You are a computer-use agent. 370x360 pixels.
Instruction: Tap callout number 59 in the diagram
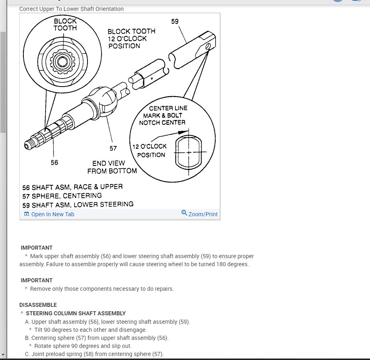point(175,21)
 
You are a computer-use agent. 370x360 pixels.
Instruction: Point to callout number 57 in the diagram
point(113,148)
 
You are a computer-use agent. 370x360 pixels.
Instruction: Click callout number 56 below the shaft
point(54,162)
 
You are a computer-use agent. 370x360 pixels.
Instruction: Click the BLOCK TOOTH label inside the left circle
point(65,24)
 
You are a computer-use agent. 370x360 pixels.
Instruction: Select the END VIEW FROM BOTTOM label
point(112,167)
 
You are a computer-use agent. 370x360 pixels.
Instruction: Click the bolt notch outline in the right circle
point(188,152)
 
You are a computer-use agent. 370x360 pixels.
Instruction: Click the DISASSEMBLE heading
point(38,305)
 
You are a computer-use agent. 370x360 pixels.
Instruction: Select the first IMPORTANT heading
point(37,248)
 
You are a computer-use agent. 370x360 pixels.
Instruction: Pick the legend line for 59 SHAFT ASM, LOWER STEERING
point(78,205)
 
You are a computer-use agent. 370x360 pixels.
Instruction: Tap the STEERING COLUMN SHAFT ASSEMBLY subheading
point(76,313)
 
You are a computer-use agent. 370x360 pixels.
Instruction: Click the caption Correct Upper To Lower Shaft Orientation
point(71,9)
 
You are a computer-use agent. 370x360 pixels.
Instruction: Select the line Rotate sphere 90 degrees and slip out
point(83,346)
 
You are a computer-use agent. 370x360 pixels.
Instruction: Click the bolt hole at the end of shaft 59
point(208,47)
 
